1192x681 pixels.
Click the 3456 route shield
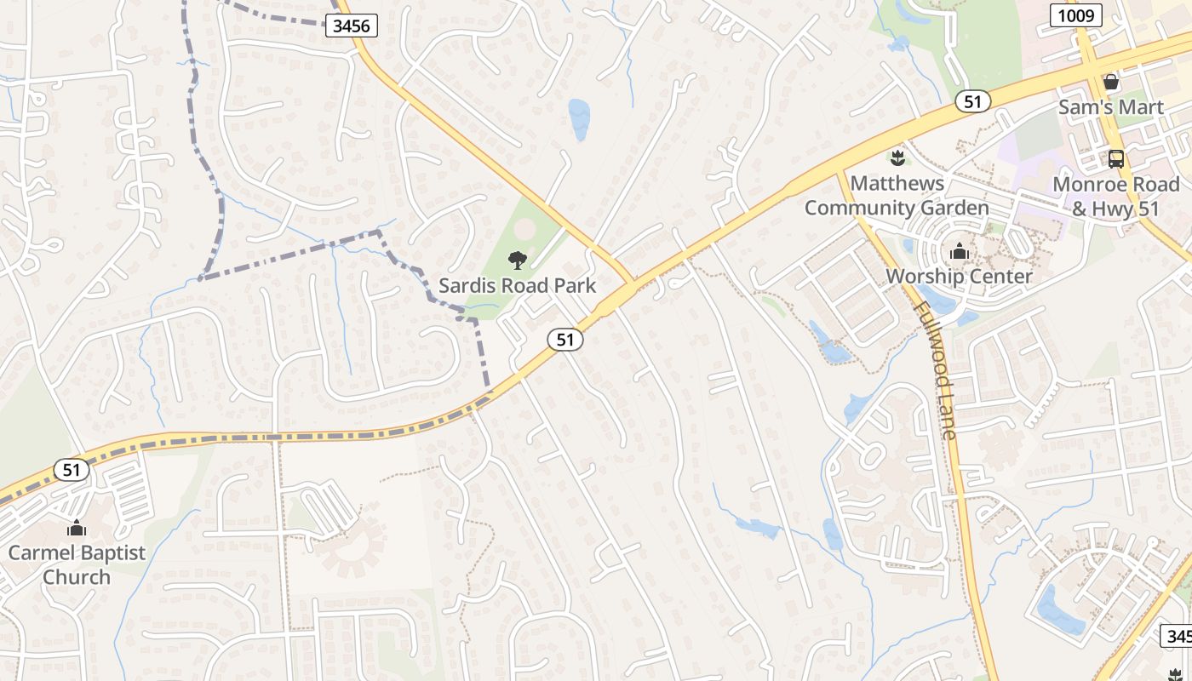click(x=352, y=26)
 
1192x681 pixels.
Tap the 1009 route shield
click(x=1076, y=14)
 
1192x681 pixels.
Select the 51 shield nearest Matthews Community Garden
click(x=972, y=101)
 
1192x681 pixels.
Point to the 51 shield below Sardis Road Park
click(x=565, y=339)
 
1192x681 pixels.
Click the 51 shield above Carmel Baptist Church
click(x=71, y=469)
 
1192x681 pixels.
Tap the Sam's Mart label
click(x=1110, y=107)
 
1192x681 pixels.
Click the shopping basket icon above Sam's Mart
click(x=1110, y=83)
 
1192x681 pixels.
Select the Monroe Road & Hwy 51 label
click(x=1116, y=197)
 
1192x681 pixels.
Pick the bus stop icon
click(x=1115, y=159)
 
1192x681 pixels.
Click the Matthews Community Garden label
click(x=897, y=195)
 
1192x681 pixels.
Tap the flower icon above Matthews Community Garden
click(x=897, y=157)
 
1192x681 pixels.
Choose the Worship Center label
click(x=959, y=276)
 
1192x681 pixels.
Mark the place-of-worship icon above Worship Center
click(x=959, y=252)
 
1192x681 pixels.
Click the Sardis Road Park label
click(x=517, y=284)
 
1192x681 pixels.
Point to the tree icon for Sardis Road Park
click(x=517, y=260)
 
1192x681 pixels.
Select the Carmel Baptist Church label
click(x=77, y=564)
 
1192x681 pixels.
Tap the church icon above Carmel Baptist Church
click(x=77, y=528)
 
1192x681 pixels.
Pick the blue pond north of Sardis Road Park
click(x=579, y=118)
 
